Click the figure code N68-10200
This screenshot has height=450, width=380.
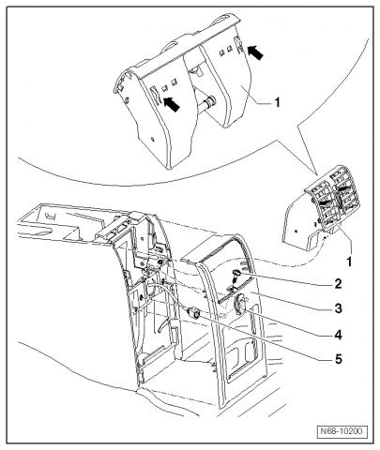[342, 431]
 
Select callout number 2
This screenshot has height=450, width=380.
[338, 284]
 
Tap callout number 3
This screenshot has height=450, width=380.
[338, 308]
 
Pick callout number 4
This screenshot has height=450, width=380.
[338, 336]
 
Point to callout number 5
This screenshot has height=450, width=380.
[339, 359]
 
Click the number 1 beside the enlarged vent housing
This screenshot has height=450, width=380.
[277, 102]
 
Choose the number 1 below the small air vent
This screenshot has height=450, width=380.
[349, 262]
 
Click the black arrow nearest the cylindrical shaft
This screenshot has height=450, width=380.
[172, 104]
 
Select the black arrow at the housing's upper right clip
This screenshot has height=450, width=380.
[255, 52]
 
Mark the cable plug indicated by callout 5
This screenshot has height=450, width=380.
[193, 312]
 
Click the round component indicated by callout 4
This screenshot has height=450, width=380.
[240, 304]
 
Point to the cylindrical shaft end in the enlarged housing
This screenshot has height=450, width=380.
[210, 102]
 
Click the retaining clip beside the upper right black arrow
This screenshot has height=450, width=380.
[238, 46]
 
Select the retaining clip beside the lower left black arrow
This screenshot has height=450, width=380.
[155, 96]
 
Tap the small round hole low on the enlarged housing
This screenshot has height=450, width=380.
[152, 139]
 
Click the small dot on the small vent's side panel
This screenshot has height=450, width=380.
[296, 232]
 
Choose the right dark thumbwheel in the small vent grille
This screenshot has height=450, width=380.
[344, 189]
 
